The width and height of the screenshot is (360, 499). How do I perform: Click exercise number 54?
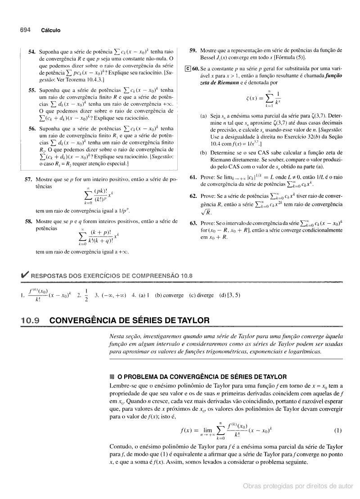click(x=31, y=52)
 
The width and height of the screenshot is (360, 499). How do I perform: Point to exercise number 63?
click(x=193, y=223)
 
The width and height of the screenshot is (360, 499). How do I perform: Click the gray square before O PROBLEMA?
click(x=112, y=377)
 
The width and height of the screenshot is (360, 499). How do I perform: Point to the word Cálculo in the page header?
click(x=50, y=31)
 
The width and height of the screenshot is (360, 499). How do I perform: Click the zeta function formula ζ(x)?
click(x=266, y=96)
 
